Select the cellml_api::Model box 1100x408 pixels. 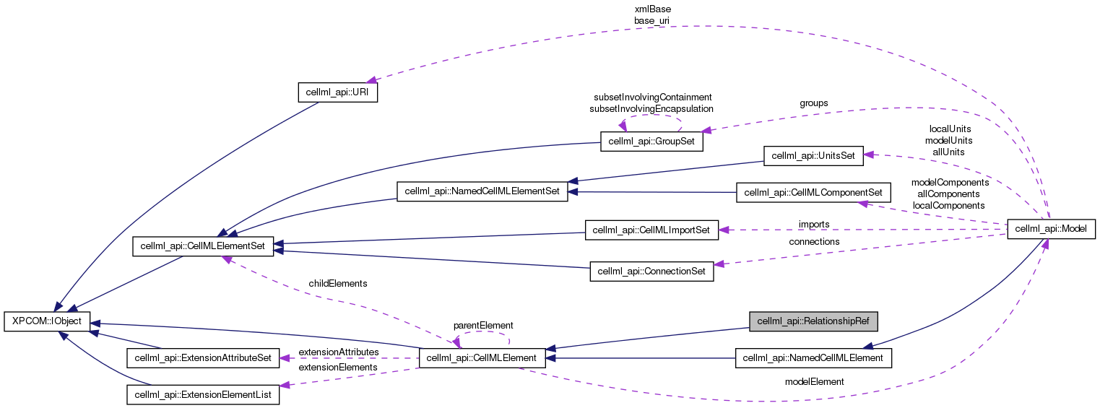tap(1051, 230)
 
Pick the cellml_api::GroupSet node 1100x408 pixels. tap(651, 142)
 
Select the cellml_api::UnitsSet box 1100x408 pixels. tap(813, 155)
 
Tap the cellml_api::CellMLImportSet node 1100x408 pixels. tap(651, 230)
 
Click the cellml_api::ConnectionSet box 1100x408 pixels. tap(651, 272)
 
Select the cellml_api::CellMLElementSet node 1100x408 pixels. tap(202, 247)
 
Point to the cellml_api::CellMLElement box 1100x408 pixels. tap(482, 357)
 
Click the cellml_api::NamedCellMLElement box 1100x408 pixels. tap(813, 357)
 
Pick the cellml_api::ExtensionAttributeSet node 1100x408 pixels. tap(202, 357)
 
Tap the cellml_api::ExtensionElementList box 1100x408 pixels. tap(202, 394)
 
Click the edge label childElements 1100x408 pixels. tap(337, 284)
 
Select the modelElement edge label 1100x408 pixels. tap(814, 382)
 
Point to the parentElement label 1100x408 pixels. tap(482, 326)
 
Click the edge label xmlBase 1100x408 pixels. tap(652, 9)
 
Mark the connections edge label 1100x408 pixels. tap(814, 241)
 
